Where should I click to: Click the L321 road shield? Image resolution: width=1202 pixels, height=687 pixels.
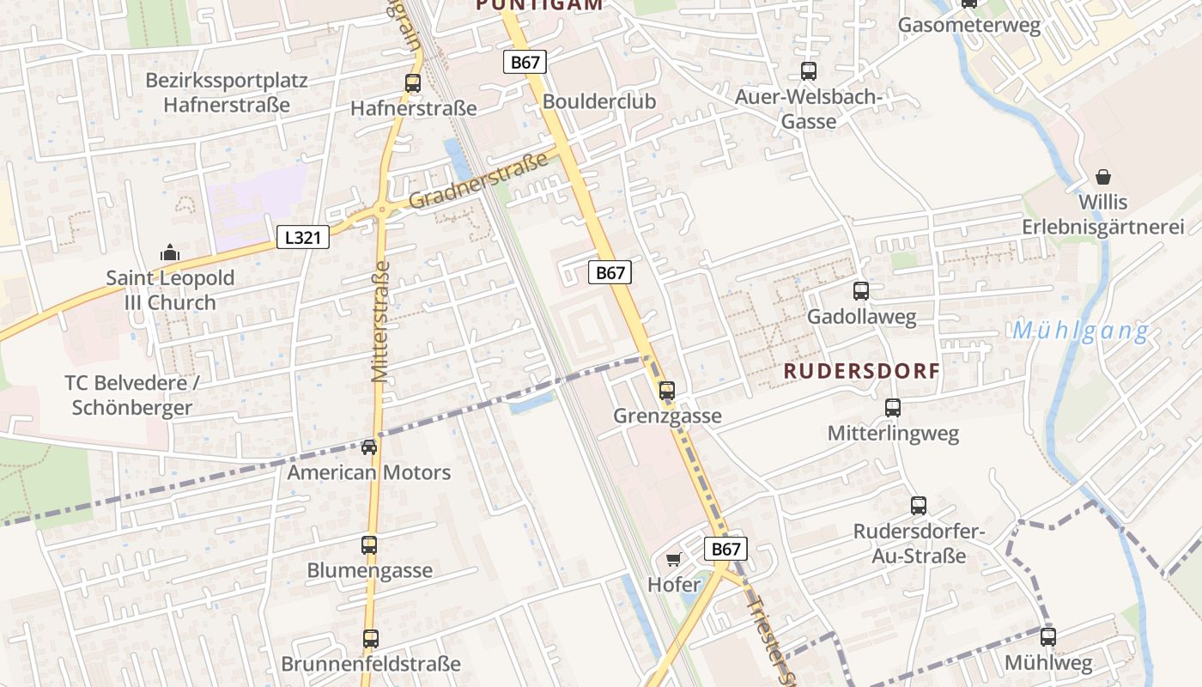click(x=303, y=238)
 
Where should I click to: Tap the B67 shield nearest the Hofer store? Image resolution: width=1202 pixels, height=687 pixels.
click(x=725, y=549)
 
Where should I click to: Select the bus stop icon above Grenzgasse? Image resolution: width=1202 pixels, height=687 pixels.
click(x=667, y=391)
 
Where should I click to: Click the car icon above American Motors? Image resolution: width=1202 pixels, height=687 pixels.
click(x=369, y=447)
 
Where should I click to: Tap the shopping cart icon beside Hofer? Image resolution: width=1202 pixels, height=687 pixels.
click(x=673, y=560)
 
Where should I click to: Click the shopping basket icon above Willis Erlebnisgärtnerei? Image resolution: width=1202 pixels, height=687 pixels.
click(x=1103, y=177)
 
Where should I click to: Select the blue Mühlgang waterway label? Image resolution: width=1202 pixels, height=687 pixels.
click(x=1080, y=331)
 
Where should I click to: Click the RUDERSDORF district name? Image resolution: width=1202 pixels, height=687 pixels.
click(x=862, y=371)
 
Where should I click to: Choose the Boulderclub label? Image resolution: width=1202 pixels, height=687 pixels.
click(x=598, y=101)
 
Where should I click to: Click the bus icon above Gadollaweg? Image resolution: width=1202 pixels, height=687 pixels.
click(x=861, y=291)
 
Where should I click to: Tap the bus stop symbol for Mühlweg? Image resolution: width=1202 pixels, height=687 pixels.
click(x=1048, y=637)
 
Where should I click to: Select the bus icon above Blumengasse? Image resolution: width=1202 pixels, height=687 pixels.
click(x=369, y=545)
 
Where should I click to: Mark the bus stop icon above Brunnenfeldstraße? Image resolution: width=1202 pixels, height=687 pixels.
click(x=371, y=639)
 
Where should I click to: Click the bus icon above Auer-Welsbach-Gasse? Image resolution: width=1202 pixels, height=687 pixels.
click(x=809, y=71)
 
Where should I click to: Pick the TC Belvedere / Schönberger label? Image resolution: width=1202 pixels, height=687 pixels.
click(x=132, y=395)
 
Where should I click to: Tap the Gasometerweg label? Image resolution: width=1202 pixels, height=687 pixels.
click(x=968, y=25)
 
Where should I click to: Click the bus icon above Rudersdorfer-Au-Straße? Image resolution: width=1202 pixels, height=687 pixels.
click(x=919, y=506)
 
